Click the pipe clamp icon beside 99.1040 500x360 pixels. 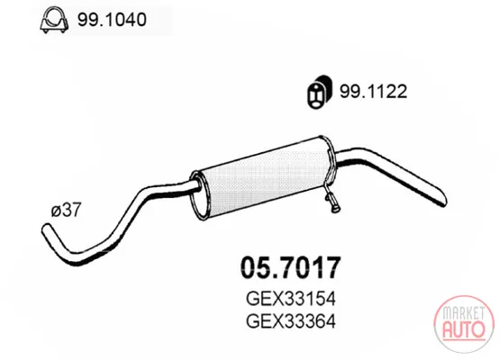55,20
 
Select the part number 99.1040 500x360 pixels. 112,20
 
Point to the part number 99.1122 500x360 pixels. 373,92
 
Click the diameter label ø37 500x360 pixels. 67,210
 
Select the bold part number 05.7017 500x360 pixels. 290,268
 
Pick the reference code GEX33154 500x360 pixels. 291,299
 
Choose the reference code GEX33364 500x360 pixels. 291,321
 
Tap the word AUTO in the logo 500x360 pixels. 464,329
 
